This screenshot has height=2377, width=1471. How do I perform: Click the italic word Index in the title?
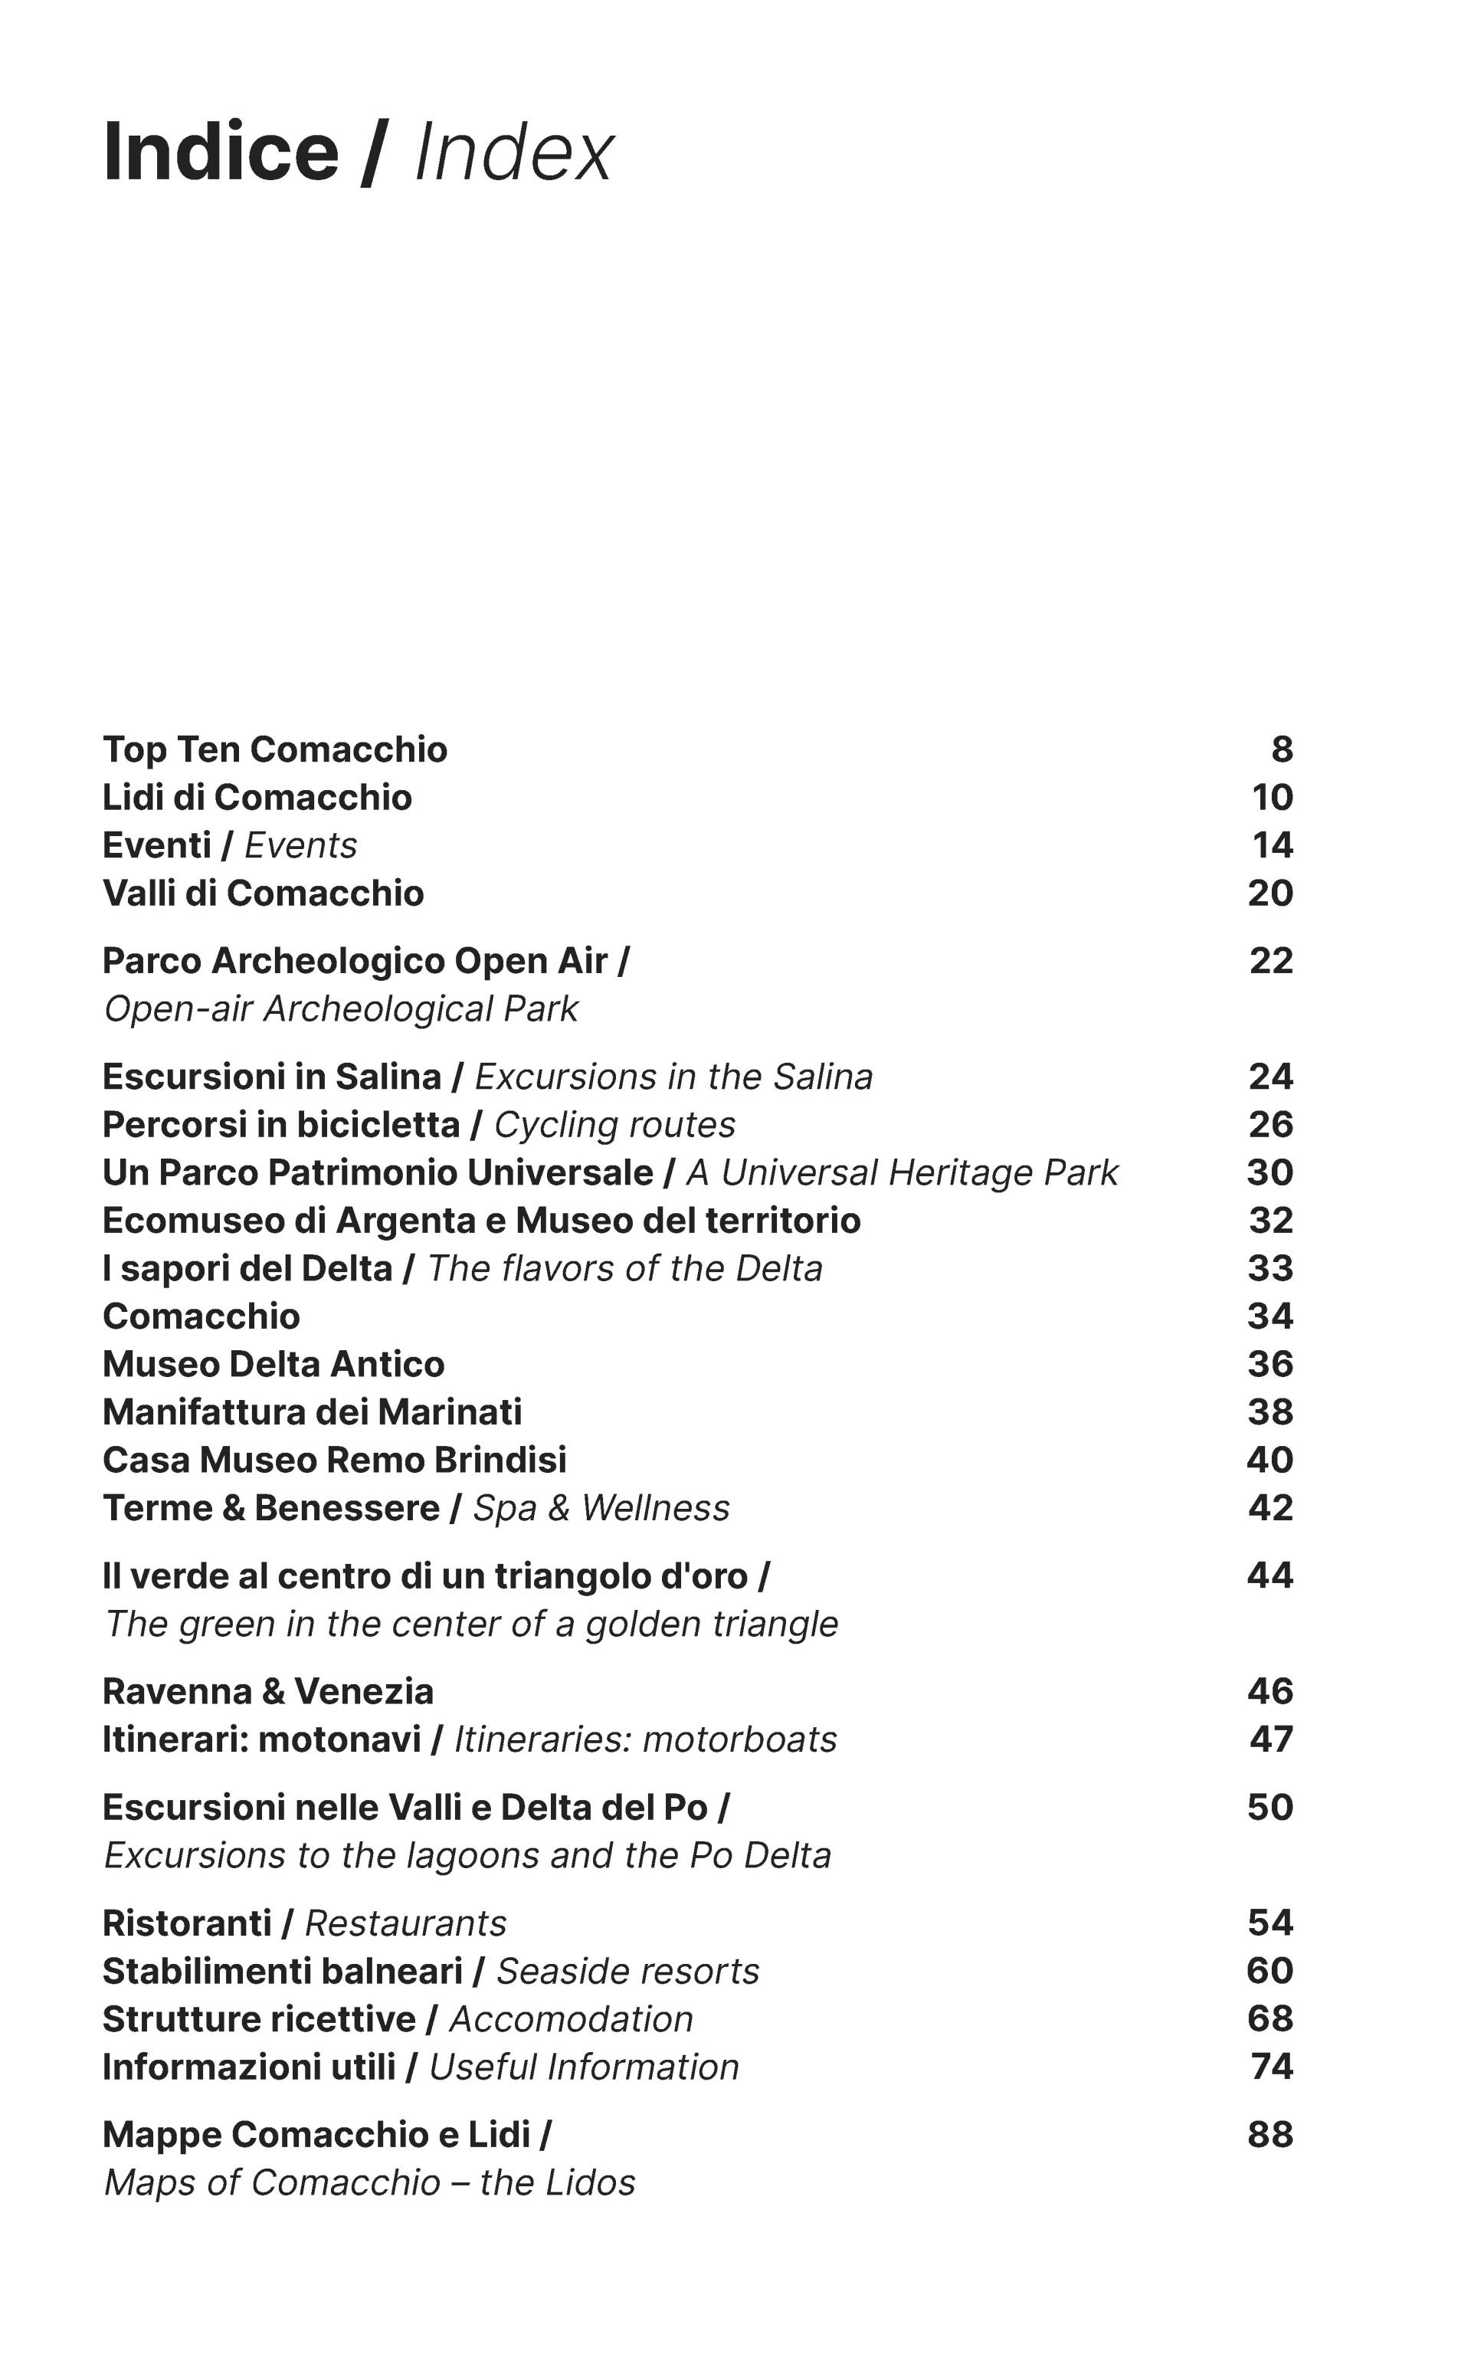[513, 152]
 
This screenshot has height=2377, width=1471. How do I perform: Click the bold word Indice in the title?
[221, 152]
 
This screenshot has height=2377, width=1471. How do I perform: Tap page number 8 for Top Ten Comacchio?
[1281, 749]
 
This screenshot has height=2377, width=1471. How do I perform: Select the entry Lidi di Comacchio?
[257, 797]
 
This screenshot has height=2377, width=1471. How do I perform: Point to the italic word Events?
[300, 845]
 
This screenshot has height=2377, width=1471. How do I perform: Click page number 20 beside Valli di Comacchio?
[1270, 893]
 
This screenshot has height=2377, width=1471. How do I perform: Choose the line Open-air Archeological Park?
[340, 1009]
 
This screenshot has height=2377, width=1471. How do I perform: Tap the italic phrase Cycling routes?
[614, 1125]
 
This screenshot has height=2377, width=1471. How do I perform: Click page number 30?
[1270, 1172]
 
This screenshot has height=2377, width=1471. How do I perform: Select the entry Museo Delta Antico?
[274, 1364]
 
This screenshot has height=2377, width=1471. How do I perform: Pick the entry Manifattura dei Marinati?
[313, 1411]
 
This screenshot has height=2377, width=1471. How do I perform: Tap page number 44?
[1270, 1575]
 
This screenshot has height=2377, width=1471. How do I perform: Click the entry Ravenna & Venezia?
[267, 1691]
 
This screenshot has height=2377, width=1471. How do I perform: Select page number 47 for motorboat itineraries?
[1270, 1739]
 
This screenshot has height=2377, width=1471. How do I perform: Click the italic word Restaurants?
[406, 1923]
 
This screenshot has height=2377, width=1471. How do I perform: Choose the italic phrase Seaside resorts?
[627, 1972]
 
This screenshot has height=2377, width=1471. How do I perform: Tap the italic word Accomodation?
[571, 2019]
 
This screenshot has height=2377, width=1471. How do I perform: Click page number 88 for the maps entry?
[1270, 2135]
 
